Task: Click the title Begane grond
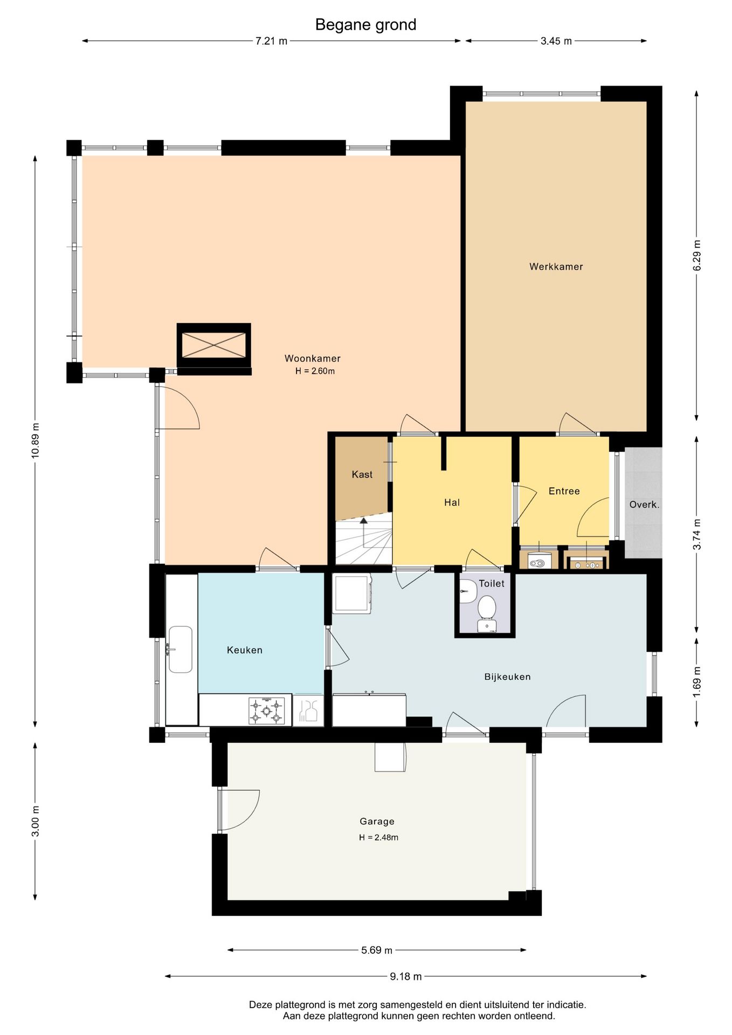click(365, 25)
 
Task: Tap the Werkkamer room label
click(556, 266)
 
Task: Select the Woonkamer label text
click(312, 358)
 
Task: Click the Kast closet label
click(362, 474)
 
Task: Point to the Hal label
click(452, 502)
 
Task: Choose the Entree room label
click(564, 491)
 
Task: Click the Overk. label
click(644, 505)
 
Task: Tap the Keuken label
click(244, 650)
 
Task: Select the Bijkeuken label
click(507, 677)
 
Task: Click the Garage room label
click(377, 822)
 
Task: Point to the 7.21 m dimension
click(271, 41)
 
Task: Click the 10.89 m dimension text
click(36, 440)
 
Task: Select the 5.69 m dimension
click(377, 950)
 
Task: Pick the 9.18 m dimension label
click(406, 976)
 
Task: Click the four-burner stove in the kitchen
click(266, 710)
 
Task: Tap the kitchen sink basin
click(181, 650)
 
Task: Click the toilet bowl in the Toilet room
click(487, 608)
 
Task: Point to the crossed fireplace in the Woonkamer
click(213, 345)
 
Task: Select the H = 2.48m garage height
click(378, 837)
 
